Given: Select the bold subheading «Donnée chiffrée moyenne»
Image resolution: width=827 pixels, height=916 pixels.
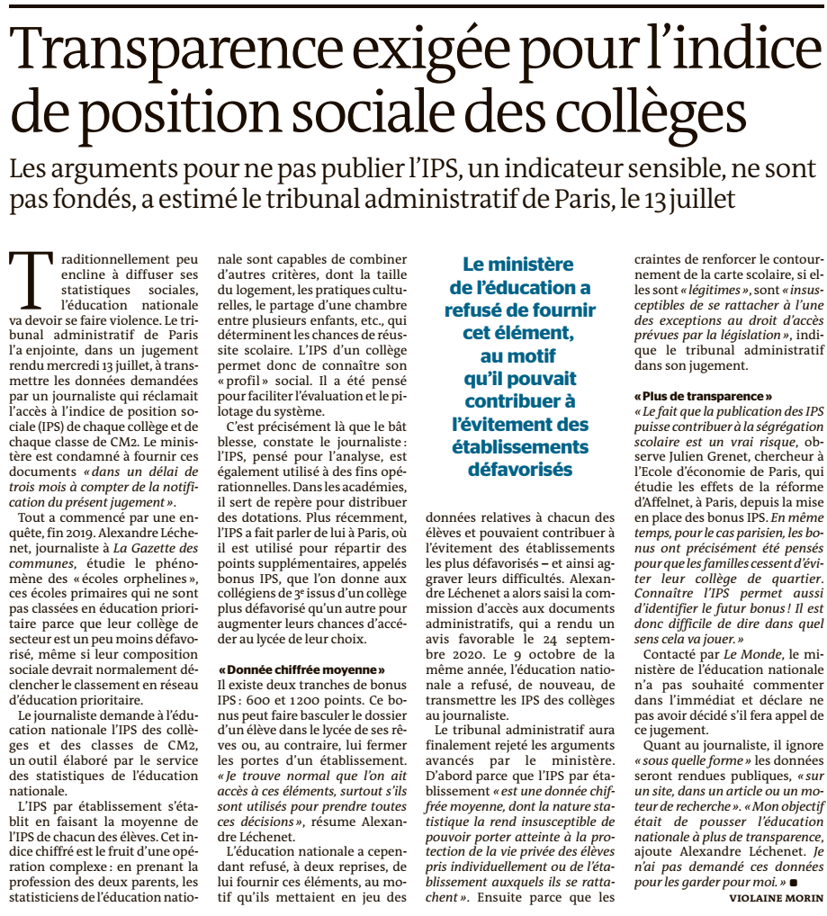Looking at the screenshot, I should [301, 669].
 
